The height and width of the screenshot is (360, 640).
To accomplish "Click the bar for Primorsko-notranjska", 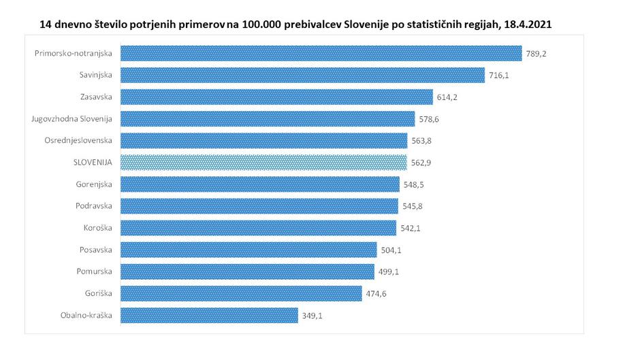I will pyautogui.click(x=321, y=53).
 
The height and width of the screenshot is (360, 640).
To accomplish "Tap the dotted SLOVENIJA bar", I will pyautogui.click(x=263, y=163).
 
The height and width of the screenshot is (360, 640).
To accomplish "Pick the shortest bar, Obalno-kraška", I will pyautogui.click(x=209, y=315).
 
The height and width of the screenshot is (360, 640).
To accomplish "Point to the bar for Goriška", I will pyautogui.click(x=241, y=293).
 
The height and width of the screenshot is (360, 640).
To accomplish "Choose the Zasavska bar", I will pyautogui.click(x=276, y=97).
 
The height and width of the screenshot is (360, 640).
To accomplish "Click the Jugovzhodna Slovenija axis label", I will pyautogui.click(x=71, y=119).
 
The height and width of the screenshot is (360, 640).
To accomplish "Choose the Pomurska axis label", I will pyautogui.click(x=95, y=272).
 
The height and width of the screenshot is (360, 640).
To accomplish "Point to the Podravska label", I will pyautogui.click(x=94, y=206).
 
